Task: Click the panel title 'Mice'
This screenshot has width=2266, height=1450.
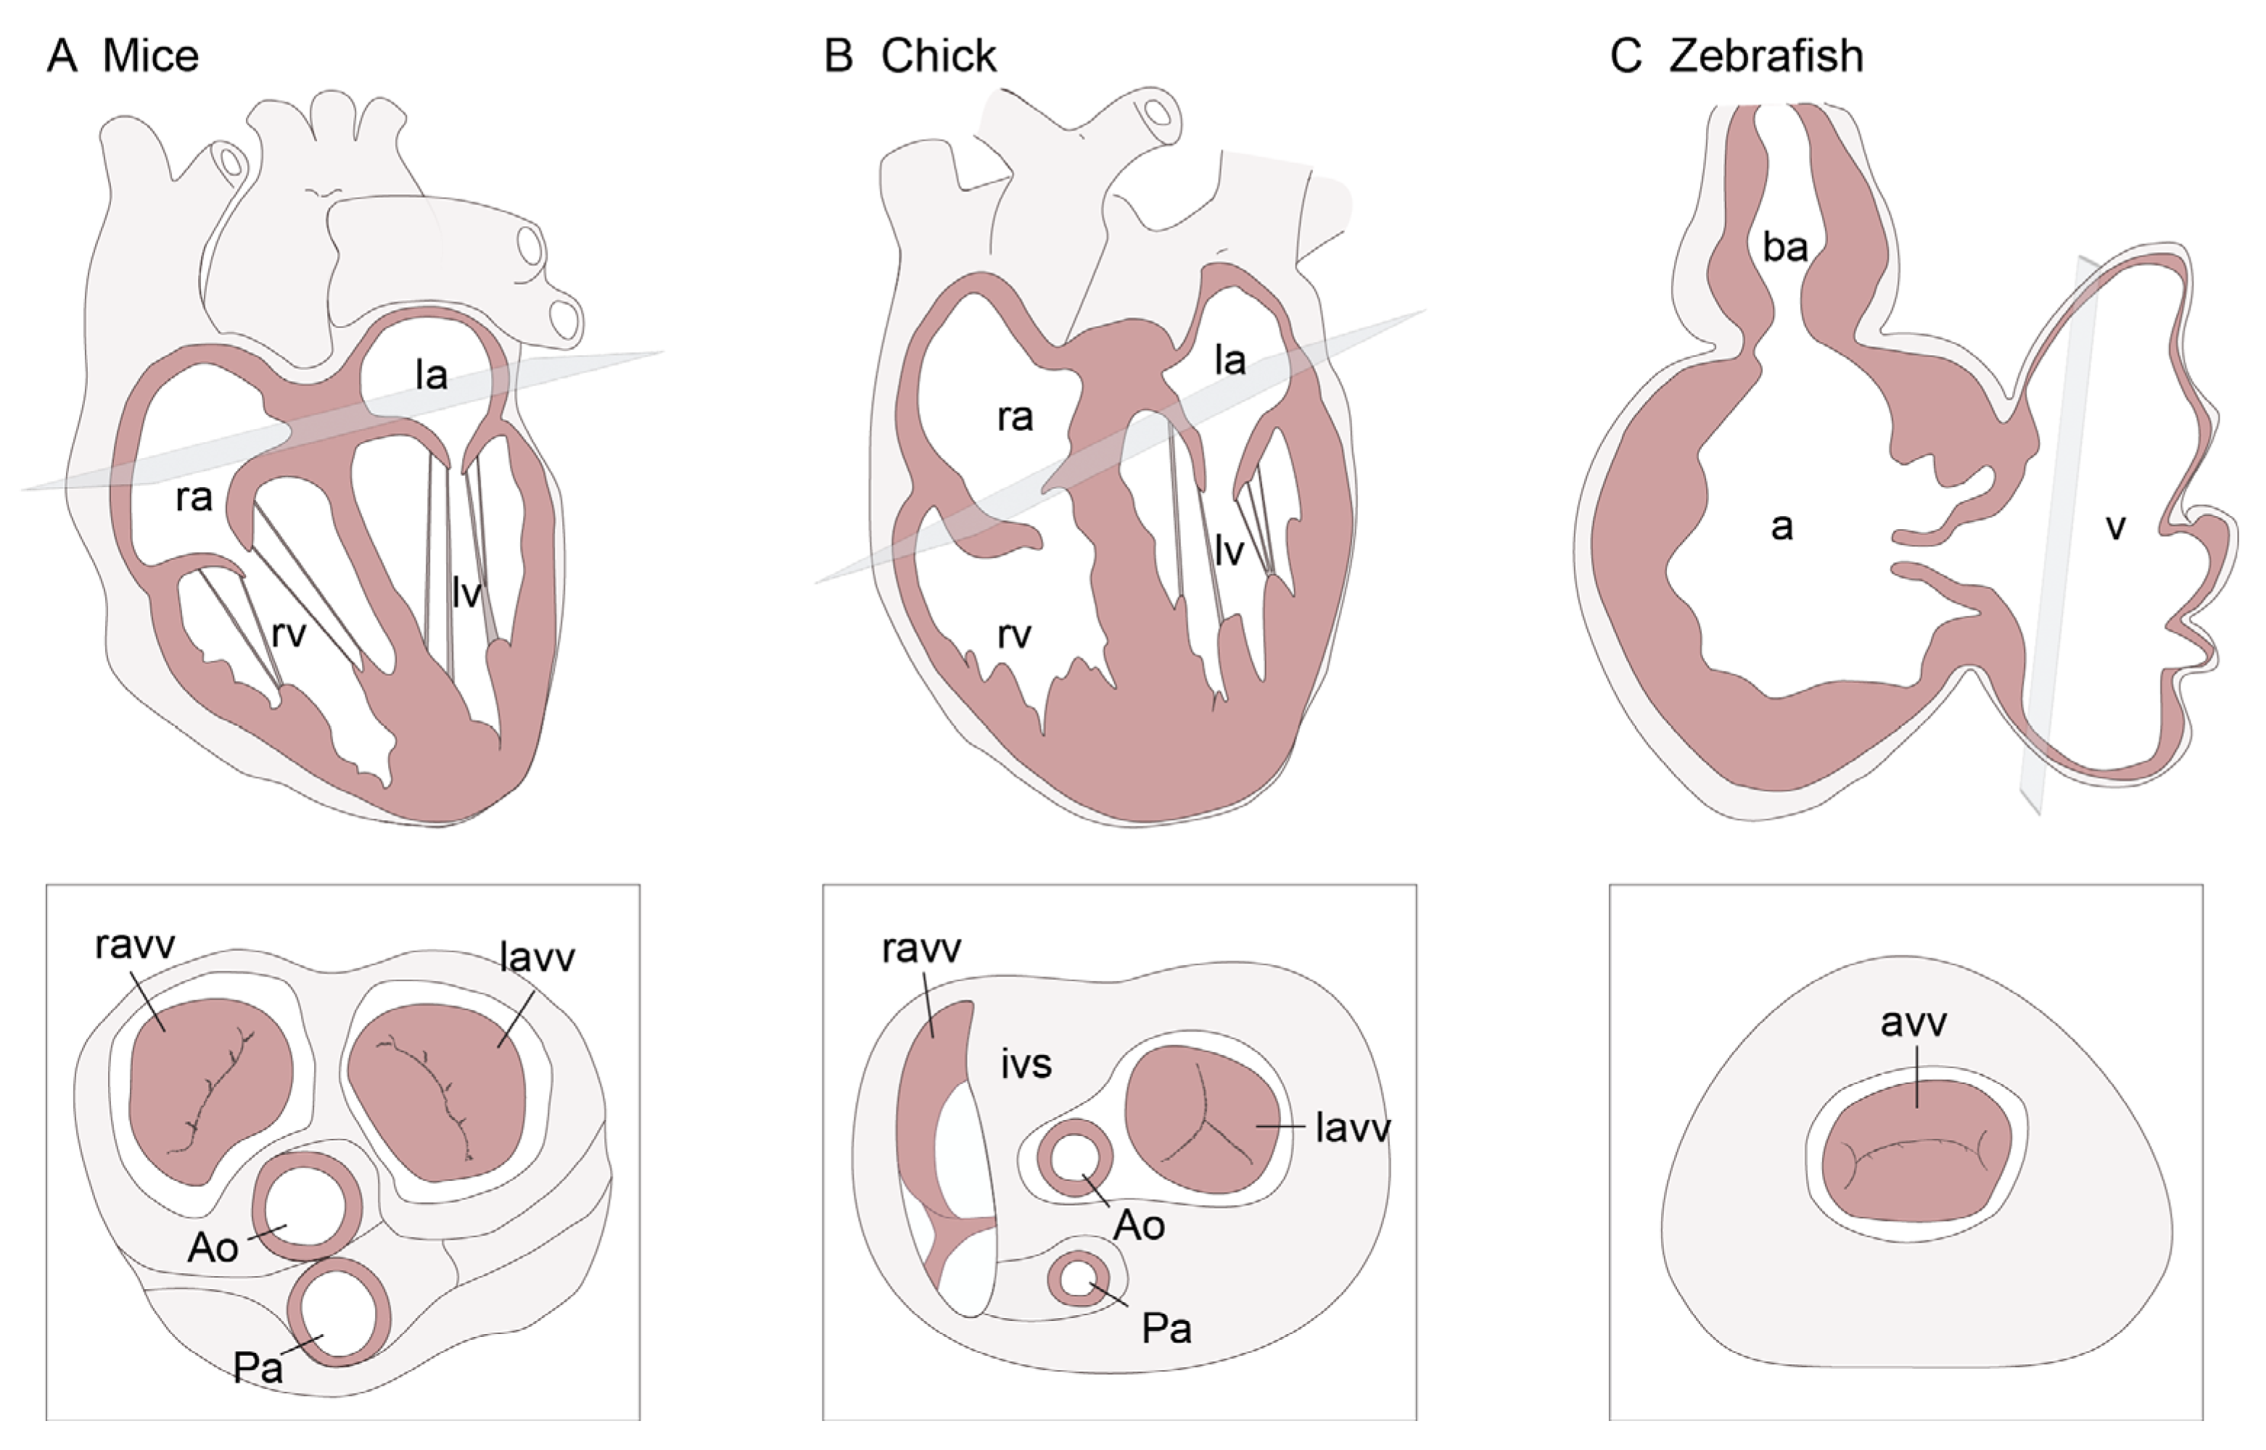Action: [151, 57]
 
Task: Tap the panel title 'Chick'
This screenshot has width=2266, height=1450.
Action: [938, 57]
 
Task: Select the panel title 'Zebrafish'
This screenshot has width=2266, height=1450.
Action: [1766, 57]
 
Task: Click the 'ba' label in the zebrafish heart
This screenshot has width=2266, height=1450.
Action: [1785, 248]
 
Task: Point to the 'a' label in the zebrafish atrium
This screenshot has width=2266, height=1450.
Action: [1781, 527]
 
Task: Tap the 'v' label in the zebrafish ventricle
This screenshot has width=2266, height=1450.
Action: [2115, 527]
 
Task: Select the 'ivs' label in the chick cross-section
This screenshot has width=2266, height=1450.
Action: [1026, 1064]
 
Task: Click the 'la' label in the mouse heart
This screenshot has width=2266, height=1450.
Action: [432, 376]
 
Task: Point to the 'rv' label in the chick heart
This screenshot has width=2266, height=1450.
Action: [1014, 636]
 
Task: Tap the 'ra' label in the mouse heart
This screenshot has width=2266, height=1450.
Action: [194, 497]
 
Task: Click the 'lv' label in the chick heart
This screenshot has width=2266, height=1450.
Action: [1229, 552]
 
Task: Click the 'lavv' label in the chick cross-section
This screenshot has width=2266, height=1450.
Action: [1353, 1127]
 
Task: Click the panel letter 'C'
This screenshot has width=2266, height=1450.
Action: [1626, 57]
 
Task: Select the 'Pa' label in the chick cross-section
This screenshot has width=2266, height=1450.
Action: [1166, 1328]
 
